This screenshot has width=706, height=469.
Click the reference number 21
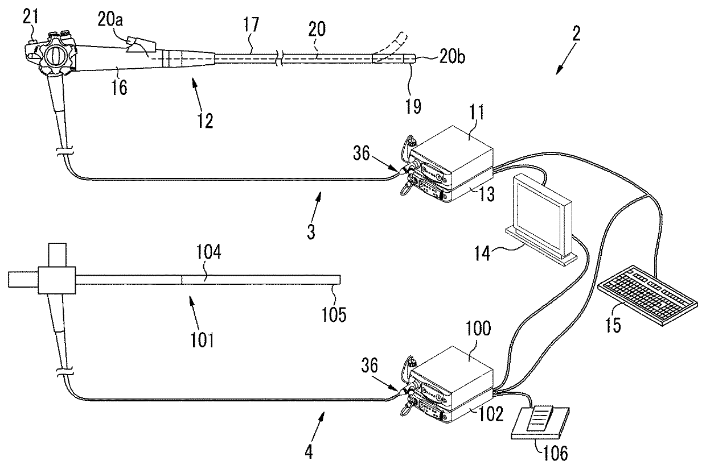coord(31,16)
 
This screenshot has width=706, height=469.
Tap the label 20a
coord(110,19)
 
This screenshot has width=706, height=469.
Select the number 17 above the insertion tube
coord(251,24)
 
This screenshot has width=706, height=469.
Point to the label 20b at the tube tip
coord(452,57)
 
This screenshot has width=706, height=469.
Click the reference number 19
coord(413,106)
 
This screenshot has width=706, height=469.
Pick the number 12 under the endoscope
coord(205,121)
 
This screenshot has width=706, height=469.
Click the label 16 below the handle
coord(119,87)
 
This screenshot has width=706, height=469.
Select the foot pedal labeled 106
coord(540,423)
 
